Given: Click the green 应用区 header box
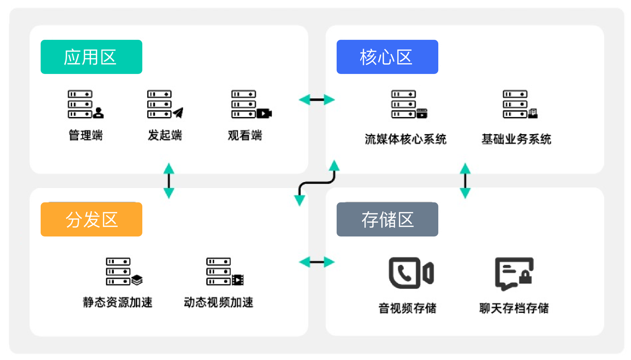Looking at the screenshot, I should (x=91, y=57).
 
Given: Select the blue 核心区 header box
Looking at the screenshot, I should (x=387, y=57).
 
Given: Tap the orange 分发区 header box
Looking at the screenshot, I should (x=91, y=219).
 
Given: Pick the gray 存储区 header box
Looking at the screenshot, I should (x=387, y=219).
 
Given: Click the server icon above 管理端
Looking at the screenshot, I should (x=85, y=104).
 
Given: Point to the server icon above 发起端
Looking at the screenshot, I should (x=165, y=104).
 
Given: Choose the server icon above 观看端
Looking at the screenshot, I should (x=250, y=104).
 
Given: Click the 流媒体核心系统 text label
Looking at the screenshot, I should (x=405, y=139).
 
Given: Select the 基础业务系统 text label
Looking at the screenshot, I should (x=516, y=139).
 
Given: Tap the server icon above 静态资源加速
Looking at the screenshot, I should (x=124, y=271).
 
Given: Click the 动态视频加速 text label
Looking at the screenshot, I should (x=218, y=302).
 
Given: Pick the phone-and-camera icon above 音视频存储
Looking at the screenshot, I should (x=411, y=273).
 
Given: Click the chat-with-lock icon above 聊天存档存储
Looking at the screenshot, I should (x=514, y=273).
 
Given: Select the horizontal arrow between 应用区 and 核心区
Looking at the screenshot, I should (x=317, y=100).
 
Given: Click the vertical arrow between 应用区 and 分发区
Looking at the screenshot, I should (x=169, y=180).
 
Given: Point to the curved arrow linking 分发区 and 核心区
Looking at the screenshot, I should (x=317, y=183).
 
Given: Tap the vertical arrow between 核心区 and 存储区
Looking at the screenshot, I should (x=465, y=180).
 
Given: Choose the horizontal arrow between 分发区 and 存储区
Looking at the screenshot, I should (x=317, y=262).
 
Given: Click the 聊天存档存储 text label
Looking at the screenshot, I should (x=514, y=308).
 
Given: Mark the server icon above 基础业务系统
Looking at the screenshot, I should (x=520, y=104).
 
